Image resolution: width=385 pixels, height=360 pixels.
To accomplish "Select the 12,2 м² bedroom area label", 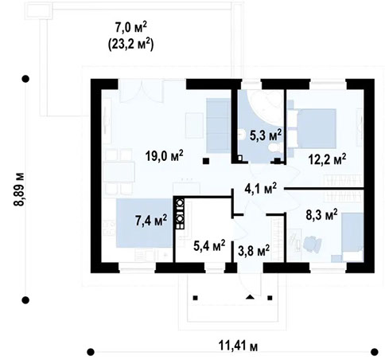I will [326, 160].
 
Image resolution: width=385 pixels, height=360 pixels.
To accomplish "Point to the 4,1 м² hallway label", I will [259, 189].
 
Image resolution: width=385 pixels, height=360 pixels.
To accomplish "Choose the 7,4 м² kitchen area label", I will [149, 218].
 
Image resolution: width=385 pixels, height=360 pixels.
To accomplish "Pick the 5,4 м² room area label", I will [208, 243].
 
